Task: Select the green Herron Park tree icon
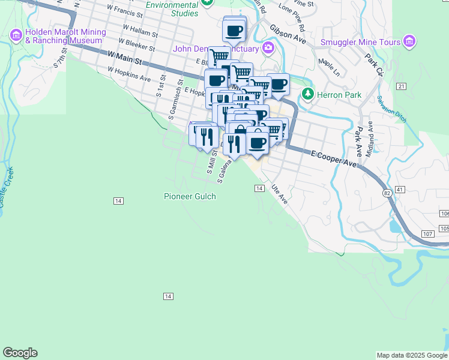[308, 94]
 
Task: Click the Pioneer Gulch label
[190, 196]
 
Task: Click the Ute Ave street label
[279, 194]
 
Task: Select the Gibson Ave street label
[288, 35]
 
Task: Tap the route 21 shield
[402, 87]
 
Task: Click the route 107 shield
[428, 233]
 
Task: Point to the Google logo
[20, 353]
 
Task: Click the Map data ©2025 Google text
[412, 355]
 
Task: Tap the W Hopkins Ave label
[129, 74]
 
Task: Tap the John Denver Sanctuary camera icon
[268, 48]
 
